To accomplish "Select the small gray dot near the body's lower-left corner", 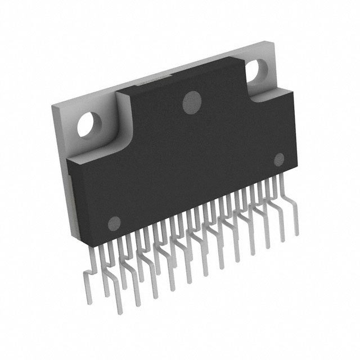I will point(115,222).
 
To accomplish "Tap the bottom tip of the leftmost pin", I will point(118,313).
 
